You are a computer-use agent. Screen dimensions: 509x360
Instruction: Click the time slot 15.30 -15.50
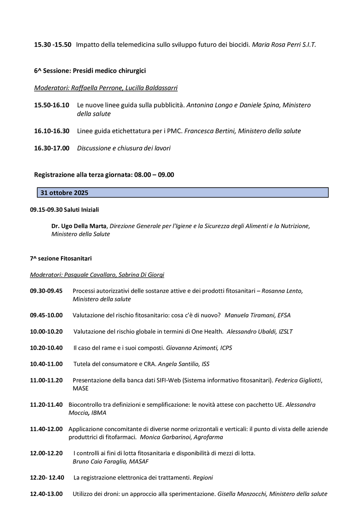pyautogui.click(x=53, y=45)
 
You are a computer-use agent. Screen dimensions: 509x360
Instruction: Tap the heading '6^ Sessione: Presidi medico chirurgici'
pyautogui.click(x=90, y=70)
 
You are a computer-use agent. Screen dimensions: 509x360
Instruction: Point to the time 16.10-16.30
pyautogui.click(x=51, y=131)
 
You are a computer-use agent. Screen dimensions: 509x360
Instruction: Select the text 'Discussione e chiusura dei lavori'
pyautogui.click(x=124, y=148)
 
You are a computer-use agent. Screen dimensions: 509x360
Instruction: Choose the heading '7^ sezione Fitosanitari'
pyautogui.click(x=61, y=258)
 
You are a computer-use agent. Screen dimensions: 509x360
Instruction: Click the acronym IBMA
pyautogui.click(x=99, y=413)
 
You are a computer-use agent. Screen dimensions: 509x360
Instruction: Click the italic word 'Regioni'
pyautogui.click(x=203, y=478)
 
